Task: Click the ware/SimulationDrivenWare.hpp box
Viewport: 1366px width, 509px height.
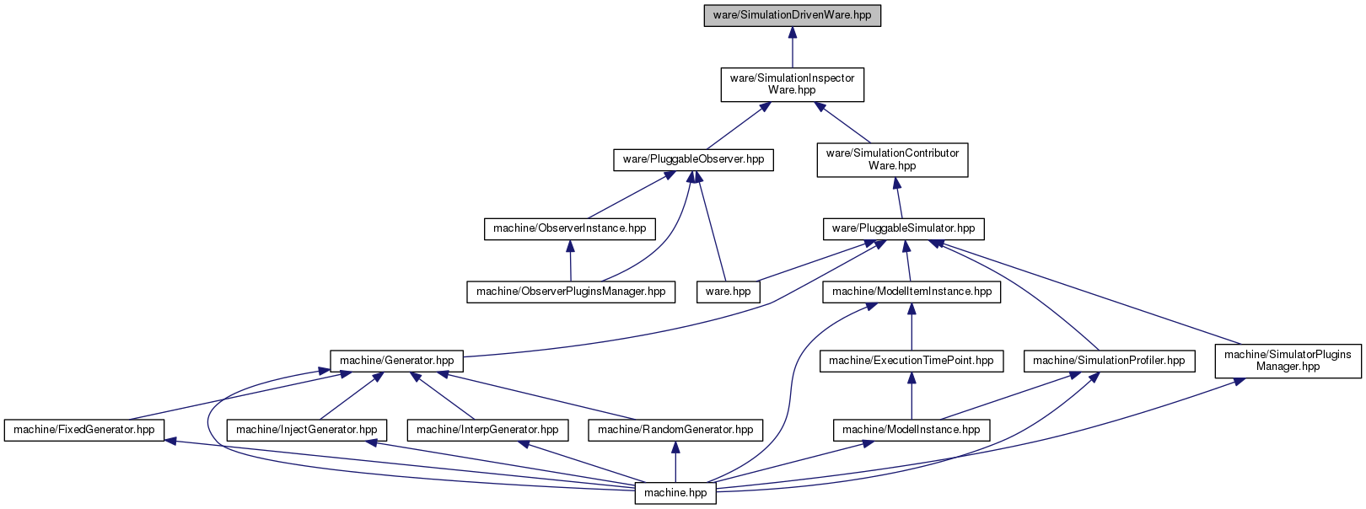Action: pos(792,15)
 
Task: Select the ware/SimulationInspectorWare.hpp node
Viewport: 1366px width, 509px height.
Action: pos(792,84)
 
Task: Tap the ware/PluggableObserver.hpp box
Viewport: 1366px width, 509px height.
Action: pos(693,160)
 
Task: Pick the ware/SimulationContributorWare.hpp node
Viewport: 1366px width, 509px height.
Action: pos(892,160)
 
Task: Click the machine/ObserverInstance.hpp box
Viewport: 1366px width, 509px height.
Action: pos(569,228)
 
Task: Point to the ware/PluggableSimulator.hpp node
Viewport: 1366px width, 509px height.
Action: pos(903,228)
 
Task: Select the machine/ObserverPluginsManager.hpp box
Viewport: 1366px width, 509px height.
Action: pos(571,292)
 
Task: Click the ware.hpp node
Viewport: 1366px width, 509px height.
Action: pos(729,292)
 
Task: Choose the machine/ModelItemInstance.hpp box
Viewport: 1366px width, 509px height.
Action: pos(912,292)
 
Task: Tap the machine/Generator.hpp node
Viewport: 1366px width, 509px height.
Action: pos(396,361)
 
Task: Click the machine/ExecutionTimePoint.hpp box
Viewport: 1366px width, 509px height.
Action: pos(911,361)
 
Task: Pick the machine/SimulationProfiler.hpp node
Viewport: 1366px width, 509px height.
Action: pos(1109,361)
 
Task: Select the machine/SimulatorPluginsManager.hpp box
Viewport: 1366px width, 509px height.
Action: pos(1288,361)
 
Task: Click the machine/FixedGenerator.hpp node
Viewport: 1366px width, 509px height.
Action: pos(84,430)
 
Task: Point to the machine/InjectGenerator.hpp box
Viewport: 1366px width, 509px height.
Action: pos(307,430)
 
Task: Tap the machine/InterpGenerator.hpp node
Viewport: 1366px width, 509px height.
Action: pos(487,430)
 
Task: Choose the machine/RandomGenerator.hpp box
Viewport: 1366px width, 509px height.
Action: pos(675,430)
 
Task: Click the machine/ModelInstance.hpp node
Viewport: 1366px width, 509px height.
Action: pos(911,430)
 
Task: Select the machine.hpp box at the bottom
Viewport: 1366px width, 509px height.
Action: pos(675,493)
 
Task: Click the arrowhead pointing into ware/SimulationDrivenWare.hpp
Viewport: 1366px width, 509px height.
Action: pos(792,33)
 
